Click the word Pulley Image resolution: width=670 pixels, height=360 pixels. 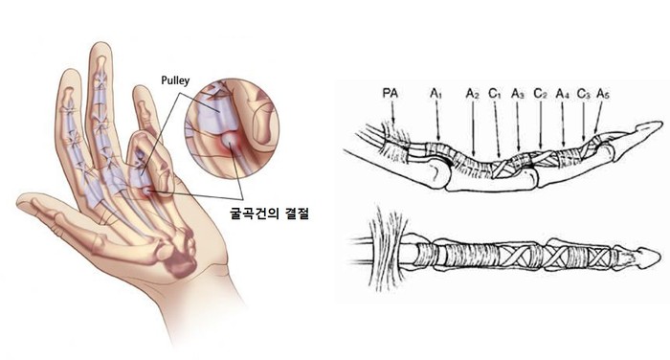point(175,80)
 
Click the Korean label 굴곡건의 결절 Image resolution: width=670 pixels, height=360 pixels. point(269,213)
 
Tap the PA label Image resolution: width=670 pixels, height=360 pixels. point(390,93)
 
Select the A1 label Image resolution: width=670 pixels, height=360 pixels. point(435,94)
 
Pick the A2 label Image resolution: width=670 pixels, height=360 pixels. point(472,94)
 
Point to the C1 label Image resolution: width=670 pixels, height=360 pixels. point(495,94)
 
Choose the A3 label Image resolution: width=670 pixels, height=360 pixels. point(518,94)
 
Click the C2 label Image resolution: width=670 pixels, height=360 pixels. point(540,94)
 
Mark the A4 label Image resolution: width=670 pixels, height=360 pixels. point(563,94)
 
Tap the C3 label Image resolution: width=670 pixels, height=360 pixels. point(583,94)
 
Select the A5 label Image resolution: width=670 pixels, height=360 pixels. point(603,94)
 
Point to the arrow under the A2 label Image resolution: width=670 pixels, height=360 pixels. point(474,128)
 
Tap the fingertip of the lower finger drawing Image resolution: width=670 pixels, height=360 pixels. point(659,257)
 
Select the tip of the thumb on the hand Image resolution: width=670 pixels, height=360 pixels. point(19,201)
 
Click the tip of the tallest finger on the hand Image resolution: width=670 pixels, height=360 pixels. point(100,44)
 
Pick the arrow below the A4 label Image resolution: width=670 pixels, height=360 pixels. point(563,124)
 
